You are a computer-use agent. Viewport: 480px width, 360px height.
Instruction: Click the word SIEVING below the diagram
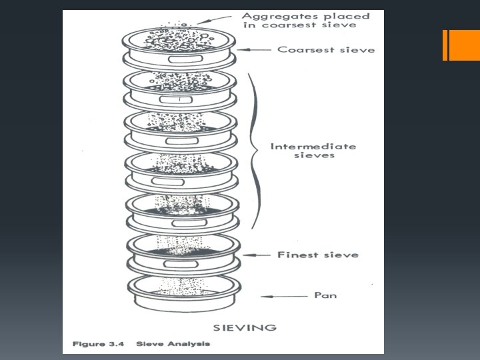(x=245, y=327)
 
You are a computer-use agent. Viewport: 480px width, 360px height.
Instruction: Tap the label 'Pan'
(x=325, y=295)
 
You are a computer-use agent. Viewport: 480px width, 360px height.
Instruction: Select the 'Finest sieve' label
(x=318, y=255)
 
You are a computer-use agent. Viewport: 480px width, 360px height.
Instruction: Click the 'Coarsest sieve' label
(x=326, y=49)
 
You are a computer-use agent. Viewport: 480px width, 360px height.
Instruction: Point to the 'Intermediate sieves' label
(x=313, y=151)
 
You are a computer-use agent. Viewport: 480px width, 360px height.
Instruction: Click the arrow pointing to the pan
(x=284, y=296)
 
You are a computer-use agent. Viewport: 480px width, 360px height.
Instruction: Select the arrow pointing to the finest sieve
(x=257, y=255)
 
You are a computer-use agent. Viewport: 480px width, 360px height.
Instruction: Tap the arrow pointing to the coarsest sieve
(x=254, y=49)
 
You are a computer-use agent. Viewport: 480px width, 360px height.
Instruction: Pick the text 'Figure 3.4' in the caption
(x=98, y=344)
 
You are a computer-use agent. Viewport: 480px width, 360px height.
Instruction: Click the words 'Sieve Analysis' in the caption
(x=173, y=344)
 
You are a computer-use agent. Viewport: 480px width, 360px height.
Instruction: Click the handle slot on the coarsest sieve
(x=185, y=59)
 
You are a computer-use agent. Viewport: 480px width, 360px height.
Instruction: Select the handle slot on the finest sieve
(x=181, y=264)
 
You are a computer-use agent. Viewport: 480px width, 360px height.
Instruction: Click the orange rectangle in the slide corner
(x=461, y=45)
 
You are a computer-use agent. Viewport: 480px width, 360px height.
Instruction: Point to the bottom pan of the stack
(x=184, y=293)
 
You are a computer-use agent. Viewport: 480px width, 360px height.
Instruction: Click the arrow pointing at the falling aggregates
(x=214, y=19)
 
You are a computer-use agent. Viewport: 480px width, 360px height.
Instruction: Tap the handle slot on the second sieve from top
(x=176, y=100)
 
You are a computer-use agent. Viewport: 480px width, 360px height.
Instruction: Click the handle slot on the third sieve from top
(x=182, y=141)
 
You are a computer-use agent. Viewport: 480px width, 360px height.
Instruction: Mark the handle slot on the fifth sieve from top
(x=189, y=223)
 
